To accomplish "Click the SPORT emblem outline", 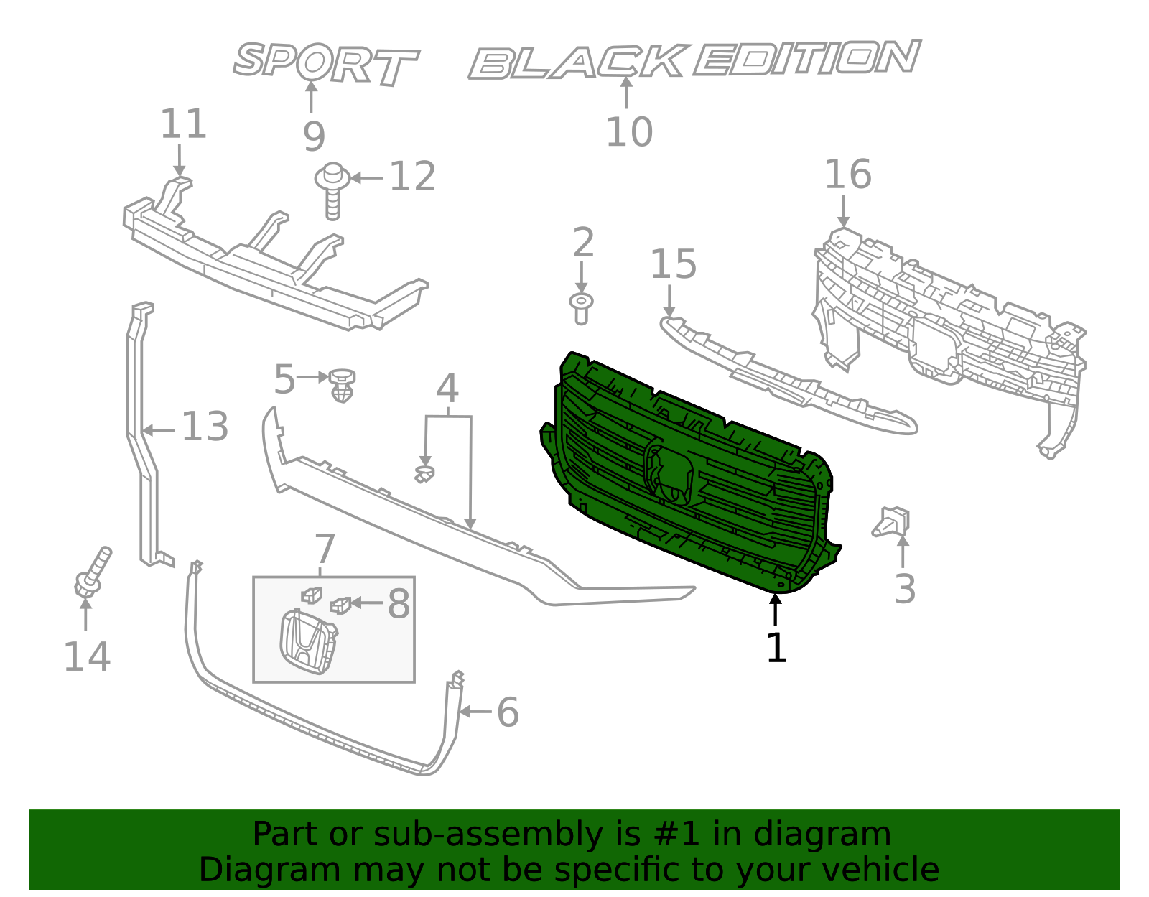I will (x=325, y=63).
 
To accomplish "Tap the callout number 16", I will (x=847, y=175).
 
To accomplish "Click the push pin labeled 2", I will (x=581, y=307).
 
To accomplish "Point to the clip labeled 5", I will (x=343, y=385).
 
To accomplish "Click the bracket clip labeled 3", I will (x=893, y=521).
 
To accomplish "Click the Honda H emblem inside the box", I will (x=307, y=641).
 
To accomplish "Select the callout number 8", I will (x=399, y=604).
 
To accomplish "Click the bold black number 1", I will (x=776, y=648).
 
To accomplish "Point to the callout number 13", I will (x=205, y=427).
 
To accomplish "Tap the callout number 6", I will (x=508, y=712).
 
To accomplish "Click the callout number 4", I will (x=447, y=389).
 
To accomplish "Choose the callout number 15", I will (x=673, y=264).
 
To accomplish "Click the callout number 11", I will (x=183, y=124).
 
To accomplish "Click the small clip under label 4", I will (x=424, y=473).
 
